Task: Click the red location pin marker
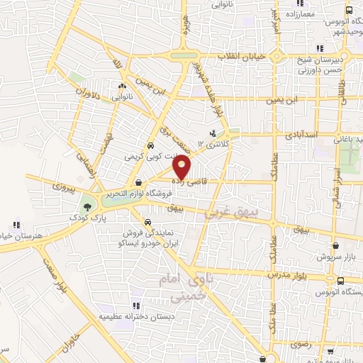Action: pyautogui.click(x=182, y=167)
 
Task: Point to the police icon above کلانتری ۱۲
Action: pyautogui.click(x=213, y=133)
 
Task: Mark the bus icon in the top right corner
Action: pyautogui.click(x=349, y=11)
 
